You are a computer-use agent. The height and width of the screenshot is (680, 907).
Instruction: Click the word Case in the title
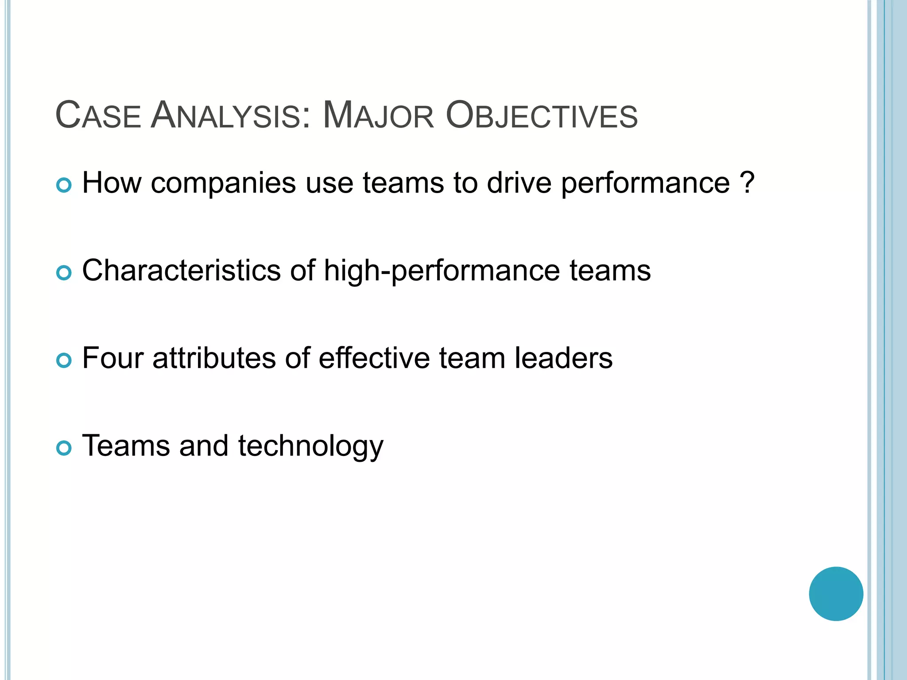click(98, 116)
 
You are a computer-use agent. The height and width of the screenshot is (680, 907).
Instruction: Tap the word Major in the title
click(378, 116)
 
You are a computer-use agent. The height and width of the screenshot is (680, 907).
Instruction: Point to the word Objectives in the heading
click(541, 116)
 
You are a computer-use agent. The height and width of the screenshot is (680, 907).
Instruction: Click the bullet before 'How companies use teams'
click(64, 185)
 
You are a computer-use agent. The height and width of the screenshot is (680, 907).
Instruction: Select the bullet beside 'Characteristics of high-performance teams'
click(64, 273)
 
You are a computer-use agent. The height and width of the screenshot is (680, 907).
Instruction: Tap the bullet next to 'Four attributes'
click(64, 361)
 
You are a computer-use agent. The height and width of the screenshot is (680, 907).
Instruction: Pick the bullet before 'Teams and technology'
click(64, 448)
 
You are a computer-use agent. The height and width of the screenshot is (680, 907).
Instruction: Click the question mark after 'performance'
click(747, 182)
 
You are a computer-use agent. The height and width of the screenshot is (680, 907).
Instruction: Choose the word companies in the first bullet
click(223, 183)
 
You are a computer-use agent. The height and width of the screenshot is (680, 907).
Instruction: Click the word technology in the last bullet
click(310, 446)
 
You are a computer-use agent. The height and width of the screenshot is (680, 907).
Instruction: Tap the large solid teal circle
click(836, 594)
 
